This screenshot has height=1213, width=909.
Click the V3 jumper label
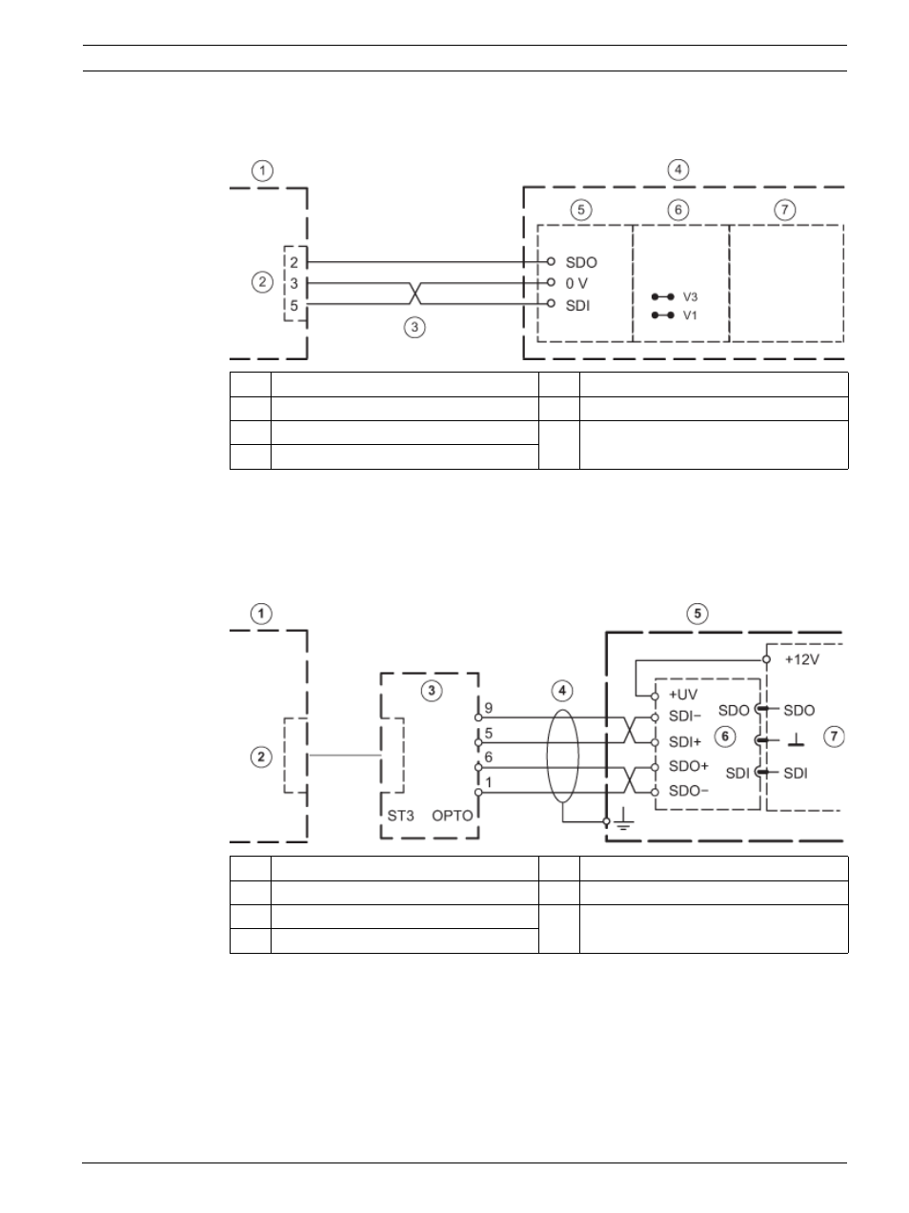click(x=690, y=297)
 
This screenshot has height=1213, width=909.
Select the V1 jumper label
click(x=690, y=315)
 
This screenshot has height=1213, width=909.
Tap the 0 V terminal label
click(x=576, y=284)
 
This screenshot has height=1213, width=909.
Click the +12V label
click(x=801, y=659)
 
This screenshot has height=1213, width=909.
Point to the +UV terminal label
click(x=683, y=695)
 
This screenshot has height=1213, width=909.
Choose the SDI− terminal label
click(x=685, y=717)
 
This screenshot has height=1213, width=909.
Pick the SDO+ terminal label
click(x=689, y=766)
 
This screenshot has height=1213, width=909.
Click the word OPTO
click(x=452, y=816)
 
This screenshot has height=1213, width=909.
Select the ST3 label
click(x=400, y=816)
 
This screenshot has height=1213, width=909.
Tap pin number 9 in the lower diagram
click(x=489, y=708)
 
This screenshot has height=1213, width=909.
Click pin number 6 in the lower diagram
click(x=489, y=758)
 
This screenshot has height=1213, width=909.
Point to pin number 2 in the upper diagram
click(x=294, y=262)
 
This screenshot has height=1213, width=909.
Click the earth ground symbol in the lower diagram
click(x=623, y=819)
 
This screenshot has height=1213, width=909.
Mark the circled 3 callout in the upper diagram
click(x=414, y=327)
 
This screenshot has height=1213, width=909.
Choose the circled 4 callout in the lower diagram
click(x=562, y=690)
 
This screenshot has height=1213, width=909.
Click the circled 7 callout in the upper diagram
click(x=785, y=210)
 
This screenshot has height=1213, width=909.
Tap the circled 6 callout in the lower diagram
click(x=725, y=736)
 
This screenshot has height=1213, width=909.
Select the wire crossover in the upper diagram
click(x=415, y=293)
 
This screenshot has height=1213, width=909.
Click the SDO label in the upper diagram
click(x=581, y=262)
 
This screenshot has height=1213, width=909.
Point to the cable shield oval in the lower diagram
click(x=547, y=756)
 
